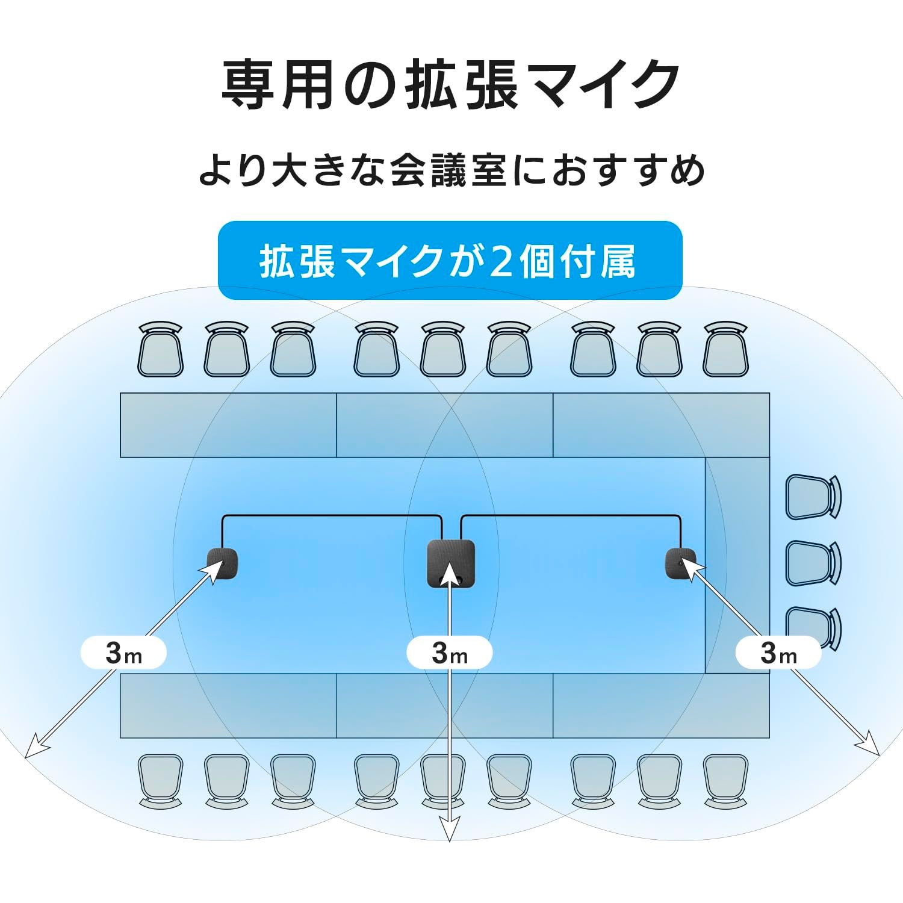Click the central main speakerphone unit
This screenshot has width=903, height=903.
pos(451,564)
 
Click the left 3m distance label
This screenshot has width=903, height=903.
pos(123,652)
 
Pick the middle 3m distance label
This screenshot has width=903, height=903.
pos(450,652)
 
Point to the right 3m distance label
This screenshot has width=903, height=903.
pos(779,652)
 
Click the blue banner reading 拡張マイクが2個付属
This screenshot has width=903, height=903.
pos(450,261)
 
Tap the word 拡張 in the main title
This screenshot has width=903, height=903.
pos(461,84)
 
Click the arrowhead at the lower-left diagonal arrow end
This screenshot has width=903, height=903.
pos(35,746)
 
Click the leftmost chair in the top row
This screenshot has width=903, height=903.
pos(160,349)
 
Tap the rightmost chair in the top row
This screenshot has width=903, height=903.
pos(725,349)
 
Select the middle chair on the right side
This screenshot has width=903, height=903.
pos(813,563)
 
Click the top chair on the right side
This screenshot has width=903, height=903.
pos(813,497)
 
